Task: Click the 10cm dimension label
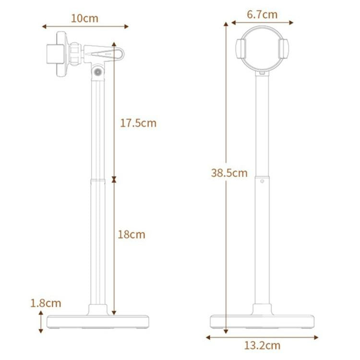[84, 18]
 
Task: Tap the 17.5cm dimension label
[138, 123]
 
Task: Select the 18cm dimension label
[131, 235]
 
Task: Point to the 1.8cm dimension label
[46, 303]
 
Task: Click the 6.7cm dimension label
[262, 14]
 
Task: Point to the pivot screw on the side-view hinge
[98, 72]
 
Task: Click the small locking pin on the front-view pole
[262, 181]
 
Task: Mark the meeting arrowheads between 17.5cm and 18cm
[114, 180]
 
